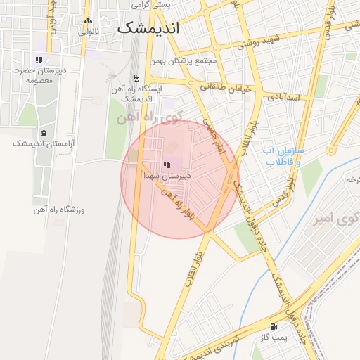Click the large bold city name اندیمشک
pyautogui.click(x=148, y=30)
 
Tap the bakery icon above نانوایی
pyautogui.click(x=87, y=20)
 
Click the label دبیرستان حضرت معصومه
pyautogui.click(x=40, y=75)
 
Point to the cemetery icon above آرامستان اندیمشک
pyautogui.click(x=44, y=132)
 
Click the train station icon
pyautogui.click(x=136, y=78)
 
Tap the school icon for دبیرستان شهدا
pyautogui.click(x=167, y=165)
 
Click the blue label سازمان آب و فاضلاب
pyautogui.click(x=283, y=156)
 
